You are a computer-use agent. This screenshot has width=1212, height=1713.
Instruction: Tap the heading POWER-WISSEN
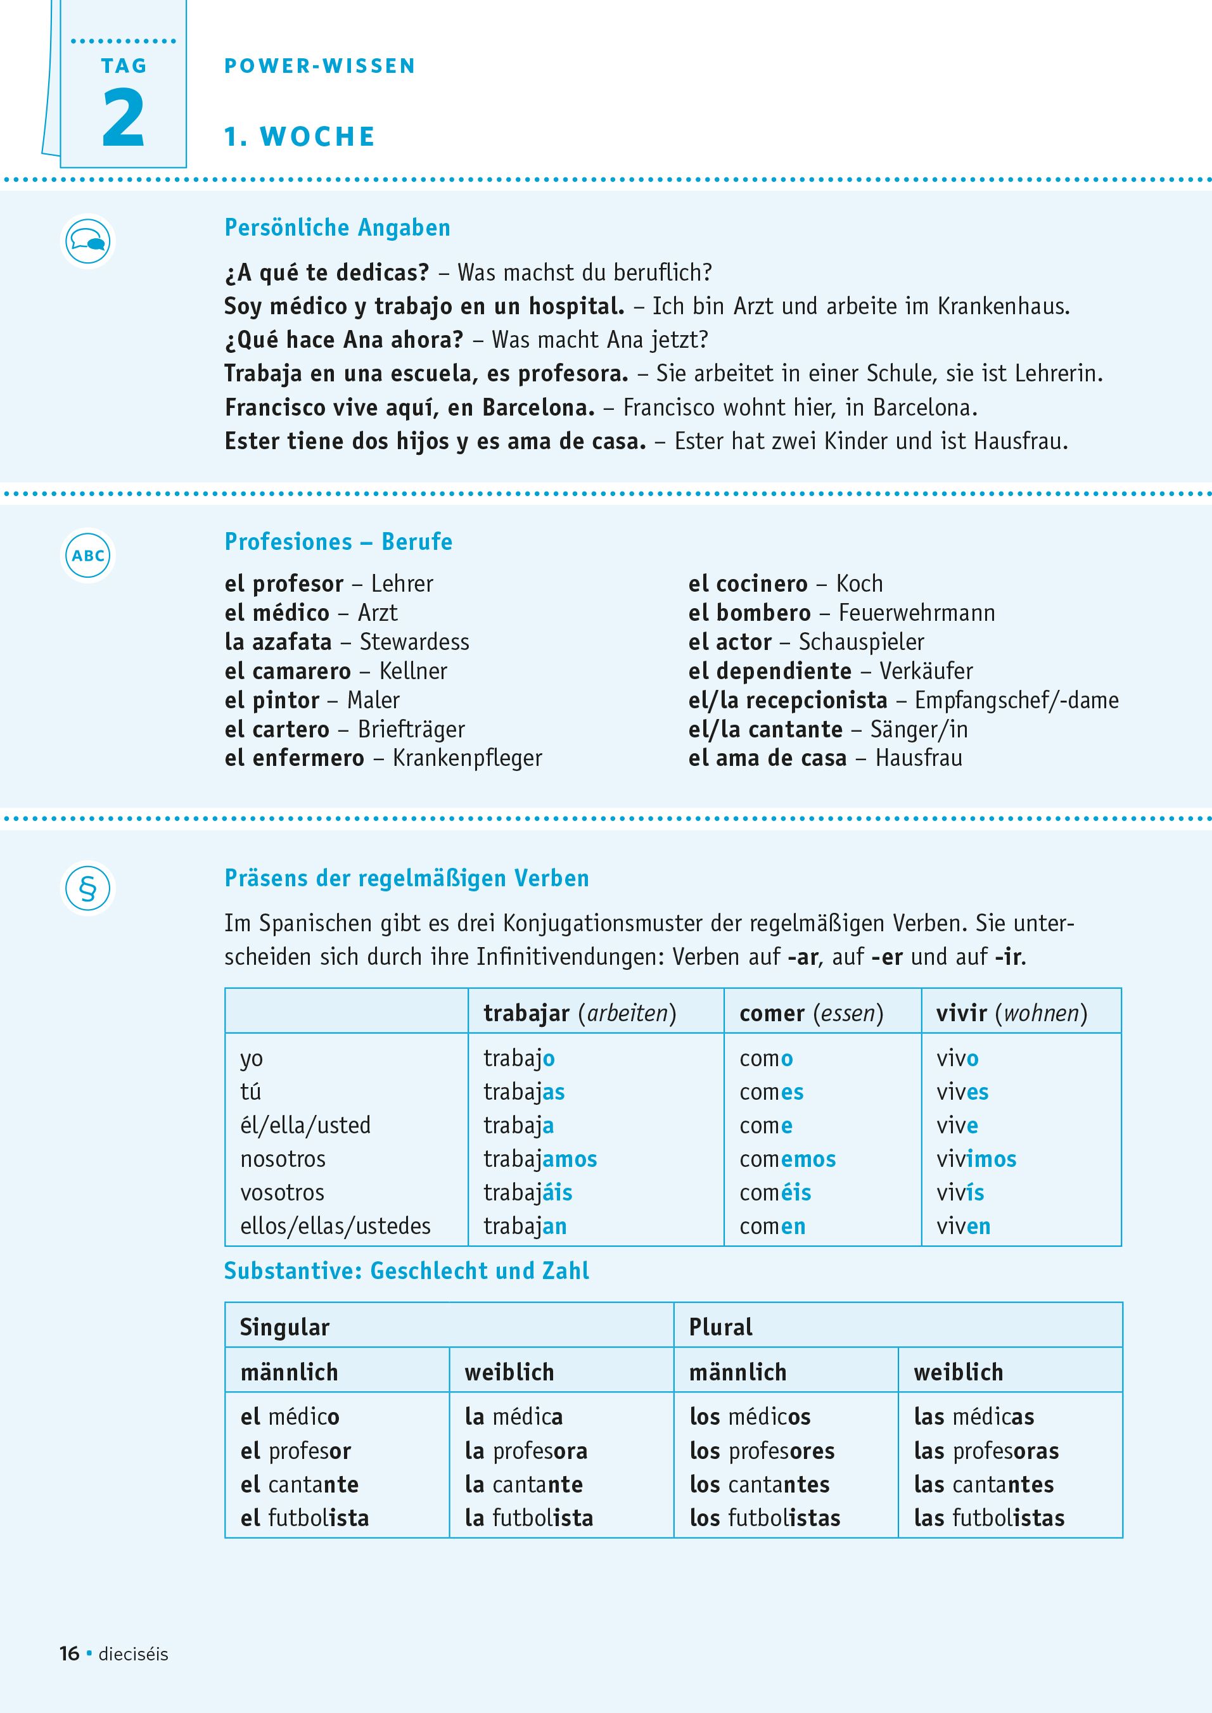[x=319, y=67]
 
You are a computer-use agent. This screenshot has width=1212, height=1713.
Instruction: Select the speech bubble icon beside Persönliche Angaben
[x=88, y=241]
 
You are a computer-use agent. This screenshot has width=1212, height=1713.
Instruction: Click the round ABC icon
[x=88, y=556]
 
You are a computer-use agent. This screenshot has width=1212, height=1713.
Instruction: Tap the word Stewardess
[x=414, y=642]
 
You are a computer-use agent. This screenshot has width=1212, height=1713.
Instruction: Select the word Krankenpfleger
[x=467, y=759]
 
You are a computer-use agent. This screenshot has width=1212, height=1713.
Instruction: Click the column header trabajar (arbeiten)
[x=579, y=1013]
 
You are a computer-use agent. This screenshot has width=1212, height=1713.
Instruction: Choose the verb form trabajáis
[x=528, y=1192]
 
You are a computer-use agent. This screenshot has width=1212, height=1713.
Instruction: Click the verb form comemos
[x=788, y=1159]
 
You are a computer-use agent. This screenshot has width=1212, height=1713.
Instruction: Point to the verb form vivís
[x=960, y=1192]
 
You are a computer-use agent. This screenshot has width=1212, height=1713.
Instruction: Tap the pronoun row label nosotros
[x=283, y=1159]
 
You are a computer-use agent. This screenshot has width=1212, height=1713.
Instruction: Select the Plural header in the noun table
[x=720, y=1327]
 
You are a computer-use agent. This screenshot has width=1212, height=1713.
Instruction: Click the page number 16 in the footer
[x=70, y=1654]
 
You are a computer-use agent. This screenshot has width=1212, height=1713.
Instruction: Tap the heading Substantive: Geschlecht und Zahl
[x=407, y=1271]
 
